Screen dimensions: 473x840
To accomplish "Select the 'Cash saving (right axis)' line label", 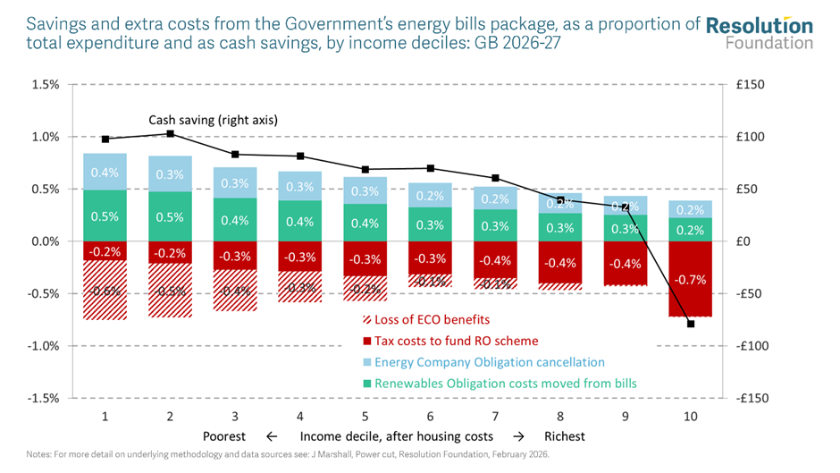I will click(213, 120).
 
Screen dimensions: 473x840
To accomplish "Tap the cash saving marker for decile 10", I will click(691, 323).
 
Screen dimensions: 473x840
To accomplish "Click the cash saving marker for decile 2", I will click(170, 134).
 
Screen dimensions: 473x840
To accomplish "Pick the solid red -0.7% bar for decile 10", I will click(691, 278).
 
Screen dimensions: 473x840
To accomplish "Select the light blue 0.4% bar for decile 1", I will click(105, 172).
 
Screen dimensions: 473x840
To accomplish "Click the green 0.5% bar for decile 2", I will click(170, 216).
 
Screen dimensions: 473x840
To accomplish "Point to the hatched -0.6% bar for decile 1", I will click(105, 290).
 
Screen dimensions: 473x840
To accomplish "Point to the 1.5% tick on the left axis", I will click(45, 85).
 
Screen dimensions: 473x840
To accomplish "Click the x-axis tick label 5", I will click(365, 417).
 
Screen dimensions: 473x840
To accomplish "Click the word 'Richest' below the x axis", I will click(565, 436).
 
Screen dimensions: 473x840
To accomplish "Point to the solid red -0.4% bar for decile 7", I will click(496, 259).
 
